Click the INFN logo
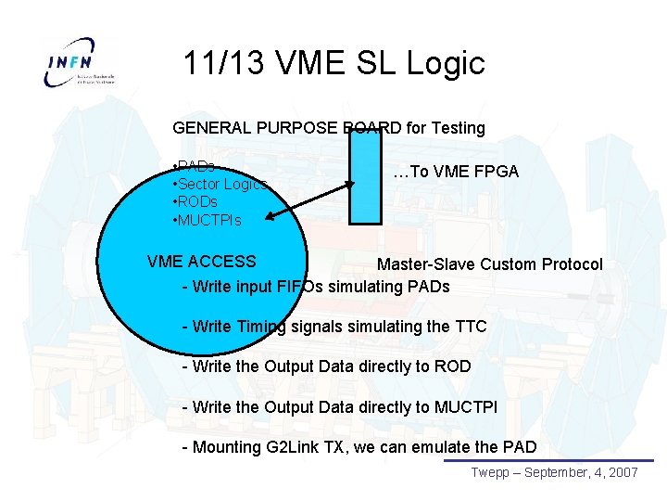pos(82,63)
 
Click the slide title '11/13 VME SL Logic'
pos(333,63)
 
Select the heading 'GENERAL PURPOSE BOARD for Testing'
pos(329,127)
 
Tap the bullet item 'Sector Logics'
pos(221,184)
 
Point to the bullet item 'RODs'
pos(197,201)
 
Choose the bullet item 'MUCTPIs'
pos(208,220)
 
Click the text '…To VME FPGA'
pos(455,172)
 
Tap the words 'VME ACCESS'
pos(201,262)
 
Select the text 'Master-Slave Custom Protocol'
pos(489,265)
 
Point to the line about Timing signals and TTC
pos(334,326)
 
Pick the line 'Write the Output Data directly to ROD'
pos(327,366)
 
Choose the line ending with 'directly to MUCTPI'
pos(340,406)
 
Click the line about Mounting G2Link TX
pos(359,447)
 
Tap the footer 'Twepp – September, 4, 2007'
pos(553,473)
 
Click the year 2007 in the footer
pos(623,473)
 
